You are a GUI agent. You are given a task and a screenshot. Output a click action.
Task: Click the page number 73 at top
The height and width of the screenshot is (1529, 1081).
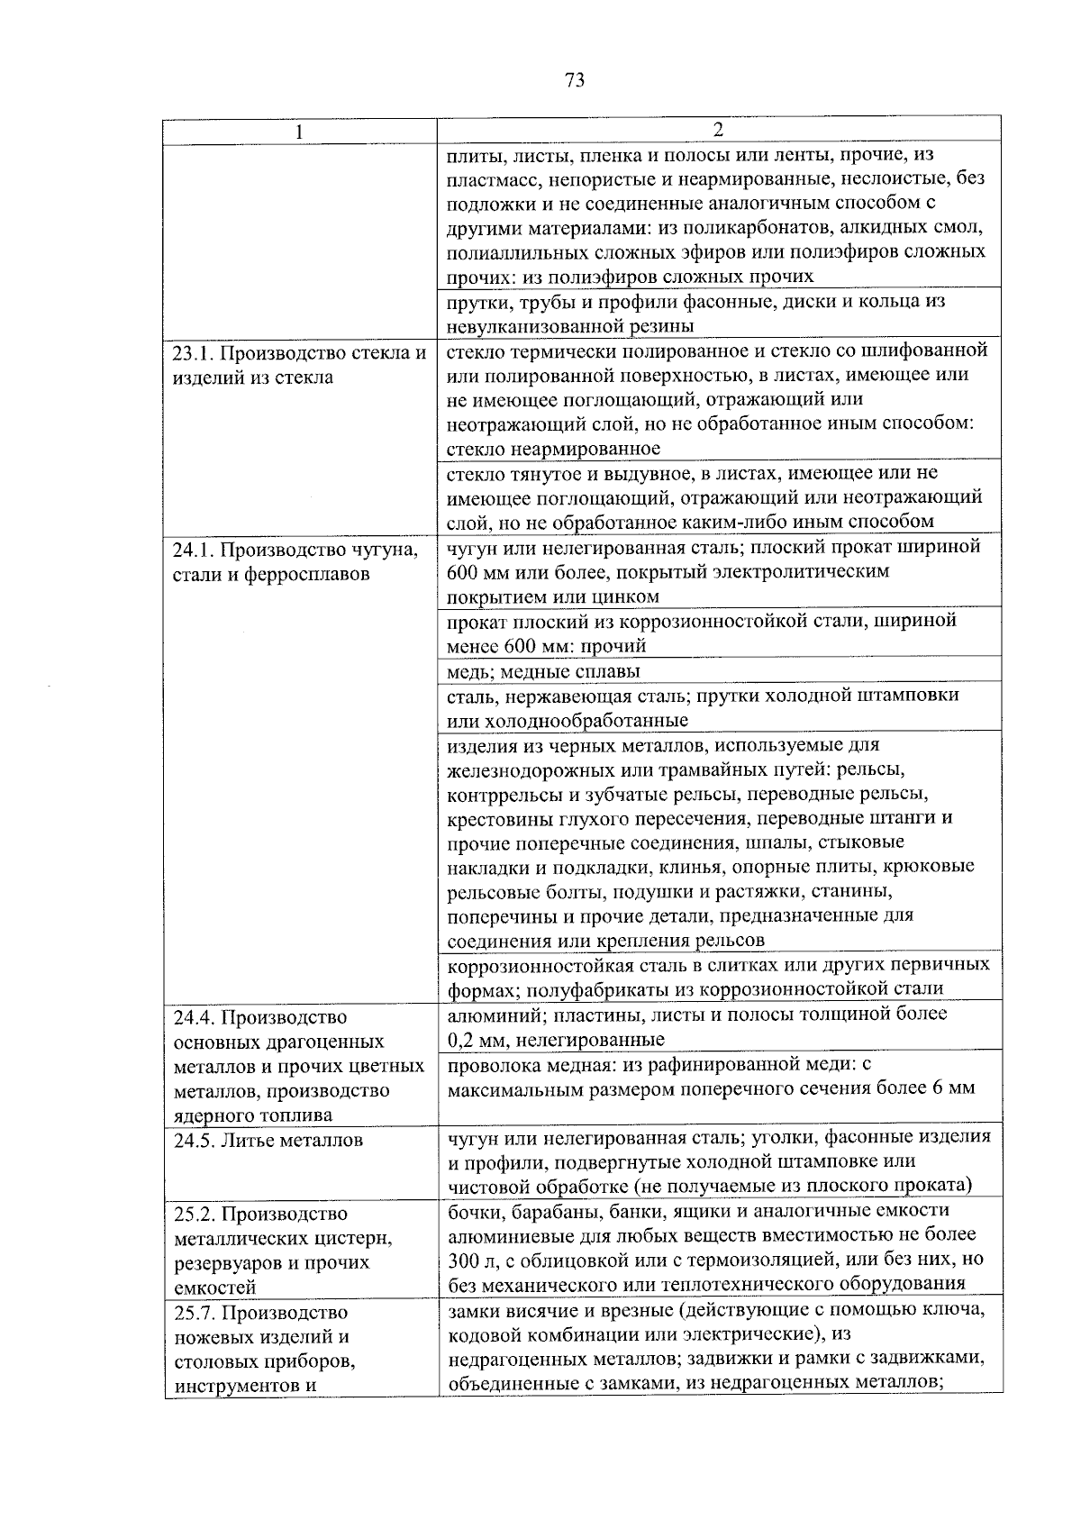[x=575, y=80]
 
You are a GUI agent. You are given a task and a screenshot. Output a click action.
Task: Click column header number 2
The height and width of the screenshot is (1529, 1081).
[x=718, y=129]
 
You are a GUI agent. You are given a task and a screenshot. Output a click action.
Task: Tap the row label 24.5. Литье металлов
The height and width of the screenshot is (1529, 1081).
[x=268, y=1140]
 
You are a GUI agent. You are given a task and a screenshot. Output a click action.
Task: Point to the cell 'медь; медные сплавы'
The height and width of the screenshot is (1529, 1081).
[x=543, y=671]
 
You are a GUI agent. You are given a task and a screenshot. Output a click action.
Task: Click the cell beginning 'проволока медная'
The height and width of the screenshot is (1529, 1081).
[x=710, y=1076]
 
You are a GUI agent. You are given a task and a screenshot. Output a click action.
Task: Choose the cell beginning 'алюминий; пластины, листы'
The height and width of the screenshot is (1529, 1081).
[x=696, y=1026]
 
